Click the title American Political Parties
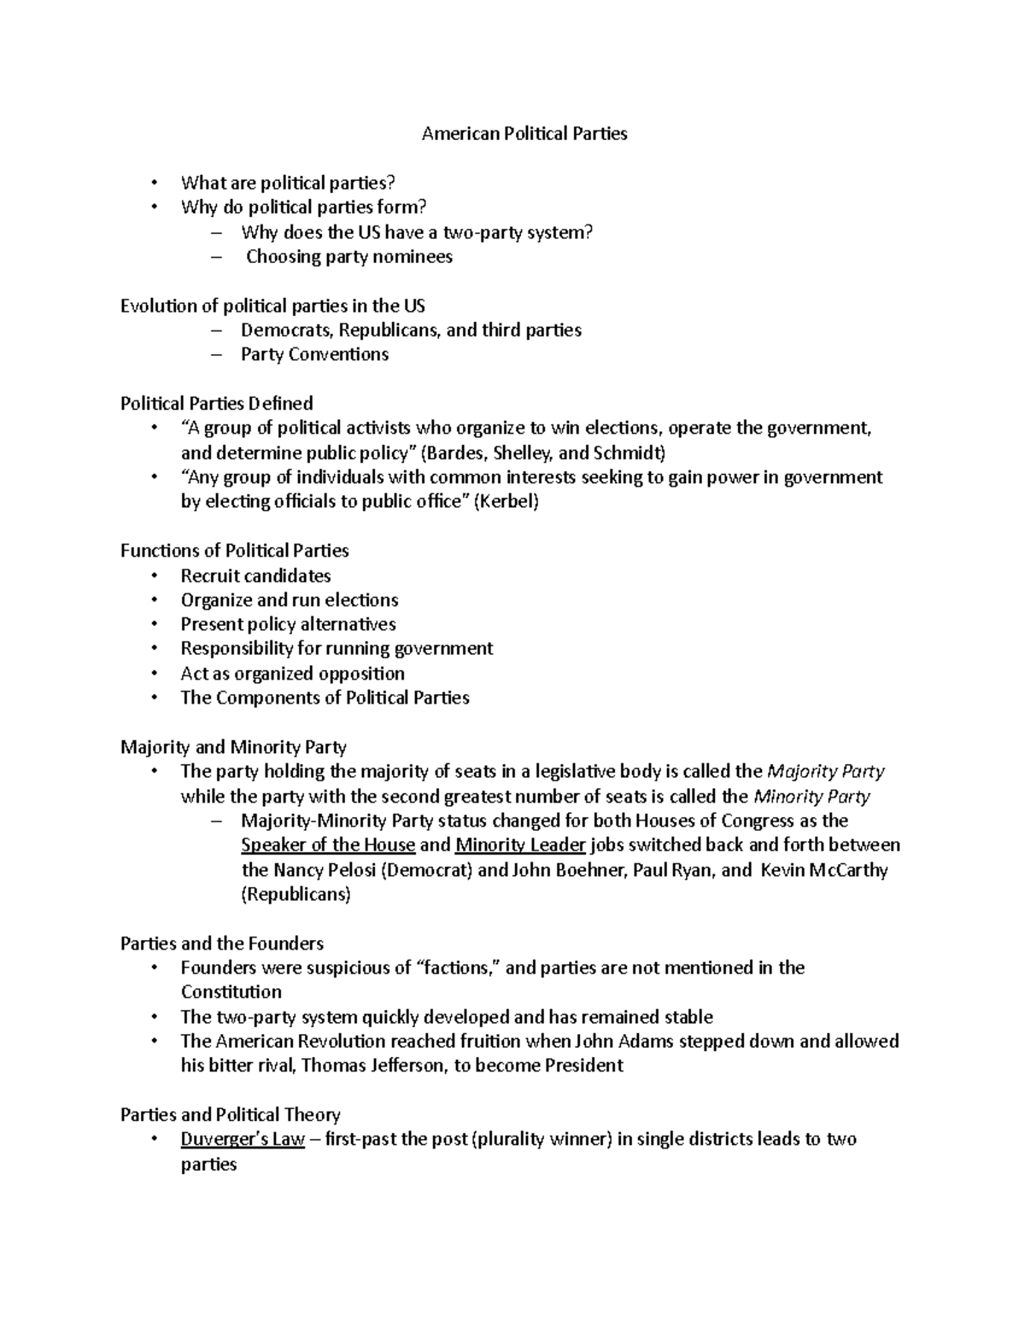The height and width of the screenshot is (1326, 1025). tap(524, 134)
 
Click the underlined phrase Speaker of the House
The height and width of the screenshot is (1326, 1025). tap(328, 845)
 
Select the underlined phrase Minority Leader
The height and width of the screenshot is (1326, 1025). tap(520, 845)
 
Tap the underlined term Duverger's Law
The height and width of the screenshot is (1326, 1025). tap(243, 1139)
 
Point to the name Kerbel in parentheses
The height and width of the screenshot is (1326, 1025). tap(507, 502)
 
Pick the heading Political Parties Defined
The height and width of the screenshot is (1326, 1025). tap(217, 403)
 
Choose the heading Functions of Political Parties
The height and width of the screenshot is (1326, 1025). tap(235, 551)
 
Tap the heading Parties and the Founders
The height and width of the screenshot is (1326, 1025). tap(222, 943)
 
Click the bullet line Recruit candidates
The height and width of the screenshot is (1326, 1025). tap(255, 575)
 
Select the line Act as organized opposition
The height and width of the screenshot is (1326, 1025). tap(292, 674)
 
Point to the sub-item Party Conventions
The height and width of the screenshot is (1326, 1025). tap(314, 354)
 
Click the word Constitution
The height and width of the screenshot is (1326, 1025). tap(231, 992)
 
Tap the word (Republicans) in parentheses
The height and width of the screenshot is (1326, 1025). tap(296, 895)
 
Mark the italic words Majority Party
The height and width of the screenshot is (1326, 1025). tap(826, 772)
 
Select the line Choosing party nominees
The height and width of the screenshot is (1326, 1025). tap(349, 257)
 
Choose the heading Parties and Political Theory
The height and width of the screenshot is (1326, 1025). tap(231, 1114)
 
